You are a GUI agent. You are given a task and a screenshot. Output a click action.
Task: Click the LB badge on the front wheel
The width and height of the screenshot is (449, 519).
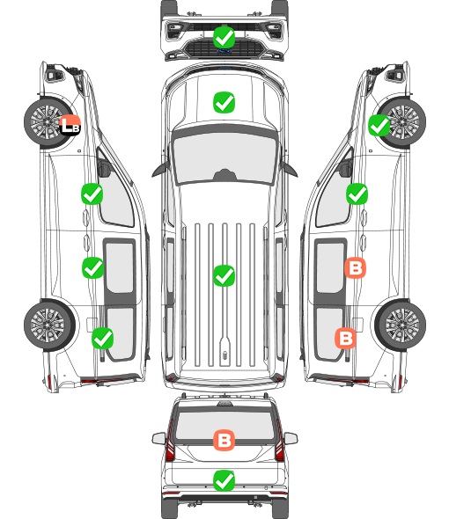70,125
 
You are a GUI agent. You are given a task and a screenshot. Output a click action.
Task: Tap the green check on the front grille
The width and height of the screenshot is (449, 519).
224,38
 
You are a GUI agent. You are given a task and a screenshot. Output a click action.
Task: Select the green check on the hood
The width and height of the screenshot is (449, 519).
224,102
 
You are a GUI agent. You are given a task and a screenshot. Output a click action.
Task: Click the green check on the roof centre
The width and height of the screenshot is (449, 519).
224,275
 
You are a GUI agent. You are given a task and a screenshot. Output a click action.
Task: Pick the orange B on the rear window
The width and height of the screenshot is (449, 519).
224,440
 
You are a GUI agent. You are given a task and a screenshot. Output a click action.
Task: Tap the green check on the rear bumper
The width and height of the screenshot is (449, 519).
224,480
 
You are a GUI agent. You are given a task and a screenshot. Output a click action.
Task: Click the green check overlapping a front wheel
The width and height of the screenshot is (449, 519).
379,126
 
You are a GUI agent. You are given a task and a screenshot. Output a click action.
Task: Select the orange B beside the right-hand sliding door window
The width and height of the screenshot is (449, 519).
355,268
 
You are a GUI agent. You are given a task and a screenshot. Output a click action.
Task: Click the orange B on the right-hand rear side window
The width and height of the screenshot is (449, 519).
346,339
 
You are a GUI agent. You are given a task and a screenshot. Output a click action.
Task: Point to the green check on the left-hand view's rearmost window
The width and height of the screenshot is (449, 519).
102,339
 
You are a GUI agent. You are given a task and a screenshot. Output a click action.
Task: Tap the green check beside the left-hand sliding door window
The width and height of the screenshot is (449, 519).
92,267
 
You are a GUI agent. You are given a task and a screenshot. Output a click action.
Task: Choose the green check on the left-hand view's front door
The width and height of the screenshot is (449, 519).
92,194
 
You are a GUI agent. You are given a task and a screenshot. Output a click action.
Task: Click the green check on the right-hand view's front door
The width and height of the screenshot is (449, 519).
357,194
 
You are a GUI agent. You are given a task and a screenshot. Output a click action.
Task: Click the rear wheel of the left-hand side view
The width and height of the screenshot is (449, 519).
49,325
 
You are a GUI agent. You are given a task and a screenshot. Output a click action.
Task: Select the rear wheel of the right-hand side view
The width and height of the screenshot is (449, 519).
401,325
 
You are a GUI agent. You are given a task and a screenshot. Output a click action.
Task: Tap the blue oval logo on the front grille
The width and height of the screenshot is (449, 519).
224,51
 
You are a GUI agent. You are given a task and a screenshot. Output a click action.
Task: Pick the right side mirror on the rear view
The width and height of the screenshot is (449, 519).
291,438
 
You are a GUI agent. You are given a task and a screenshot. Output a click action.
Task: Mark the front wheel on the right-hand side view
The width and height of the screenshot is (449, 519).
401,122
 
